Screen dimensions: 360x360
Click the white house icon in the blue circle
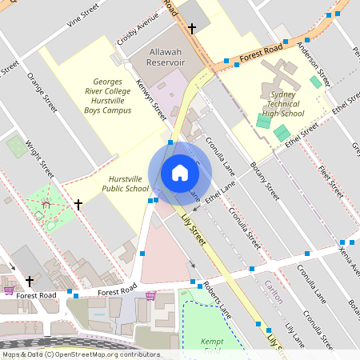(x=180, y=172)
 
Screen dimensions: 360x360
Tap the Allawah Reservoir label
(x=167, y=57)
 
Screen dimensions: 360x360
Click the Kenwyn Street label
(x=150, y=99)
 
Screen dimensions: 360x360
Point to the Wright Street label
(x=39, y=159)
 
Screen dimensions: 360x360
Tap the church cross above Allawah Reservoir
(x=191, y=29)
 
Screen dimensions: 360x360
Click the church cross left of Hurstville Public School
(x=78, y=205)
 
